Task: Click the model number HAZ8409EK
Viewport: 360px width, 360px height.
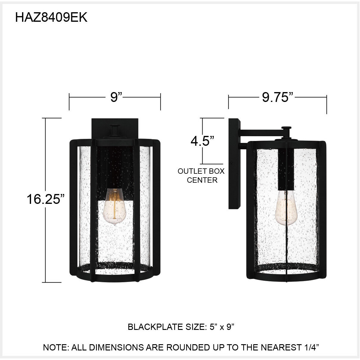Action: coord(51,18)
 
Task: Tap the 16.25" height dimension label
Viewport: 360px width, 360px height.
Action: coord(46,199)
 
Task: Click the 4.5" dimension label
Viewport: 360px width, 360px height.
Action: coord(202,141)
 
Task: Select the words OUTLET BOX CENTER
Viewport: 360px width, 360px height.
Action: coord(201,176)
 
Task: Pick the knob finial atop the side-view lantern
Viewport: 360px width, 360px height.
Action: coord(286,128)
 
